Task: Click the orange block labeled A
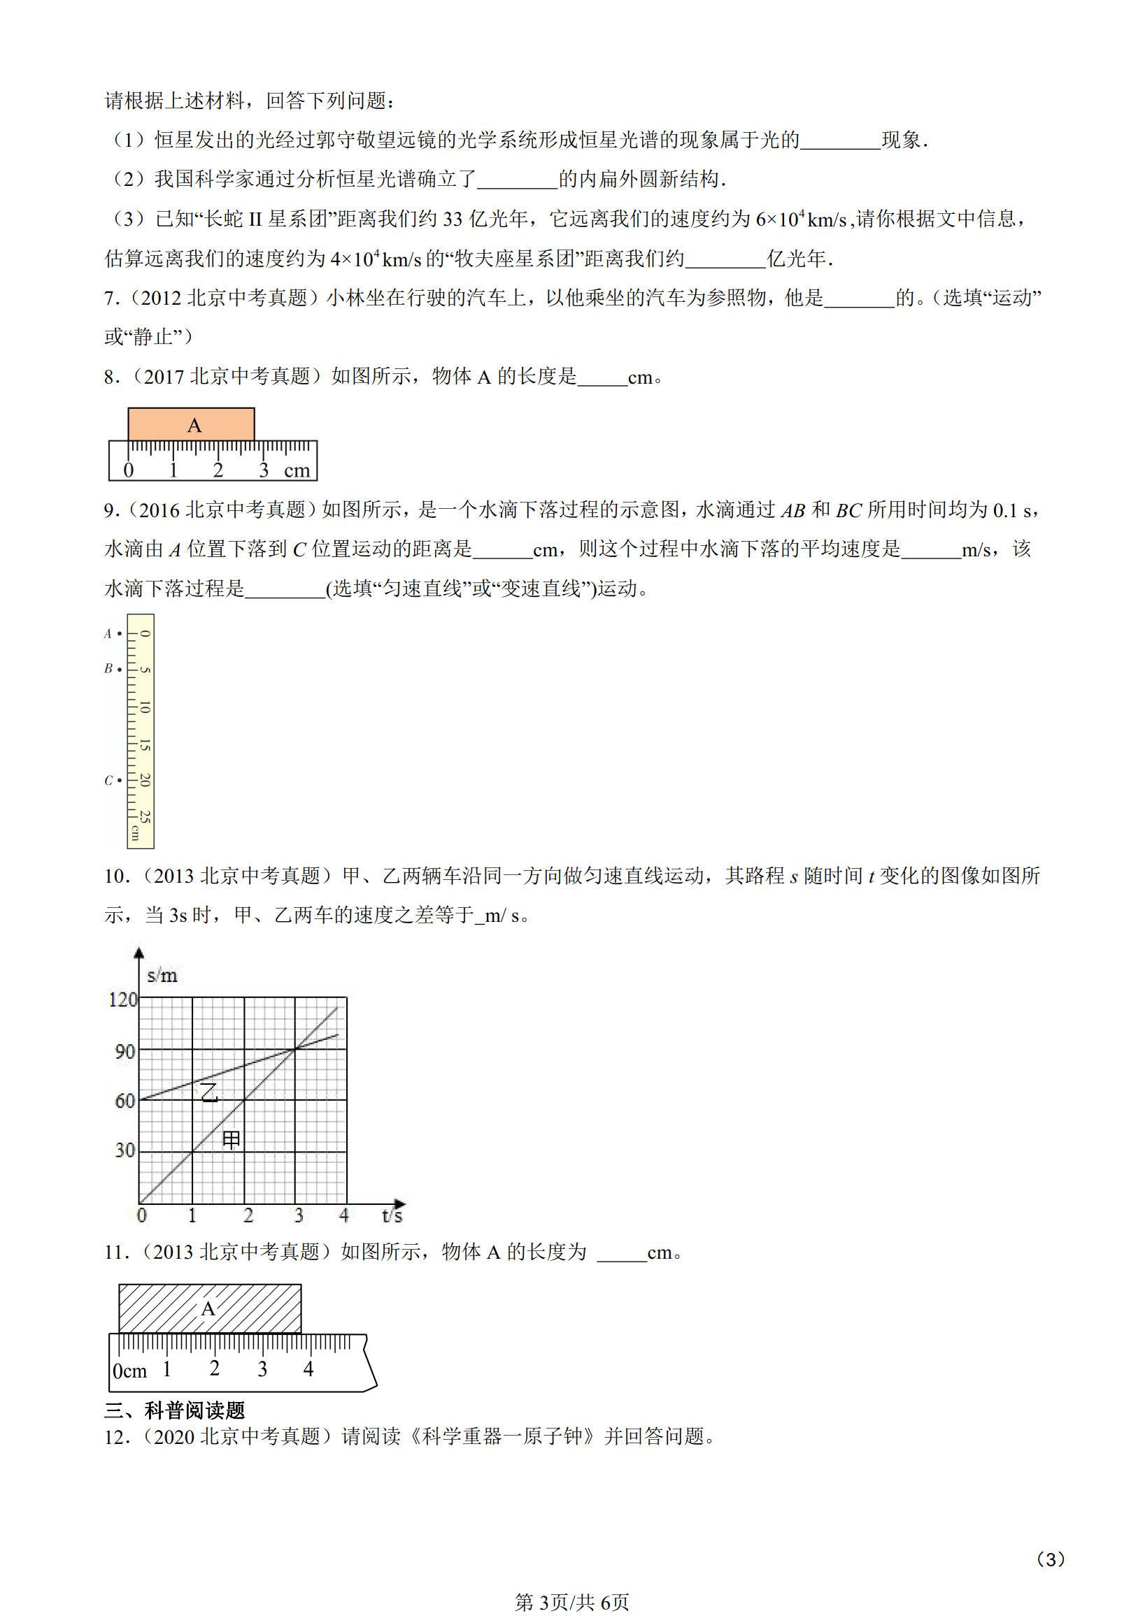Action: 191,424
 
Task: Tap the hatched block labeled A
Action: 209,1308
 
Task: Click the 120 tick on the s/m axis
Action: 122,999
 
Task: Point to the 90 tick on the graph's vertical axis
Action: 125,1051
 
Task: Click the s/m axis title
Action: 162,976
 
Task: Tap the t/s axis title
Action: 392,1215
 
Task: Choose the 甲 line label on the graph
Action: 232,1140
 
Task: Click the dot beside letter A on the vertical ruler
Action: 120,633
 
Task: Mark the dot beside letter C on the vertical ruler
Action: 120,780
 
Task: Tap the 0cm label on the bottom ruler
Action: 129,1371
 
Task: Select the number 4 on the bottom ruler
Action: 308,1369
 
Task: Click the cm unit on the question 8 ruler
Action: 297,471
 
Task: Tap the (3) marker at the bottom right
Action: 1051,1540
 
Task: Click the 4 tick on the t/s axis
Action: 344,1215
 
